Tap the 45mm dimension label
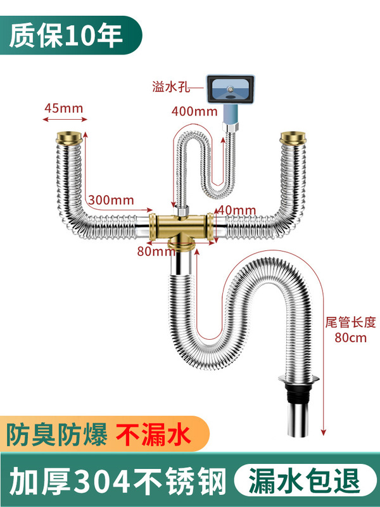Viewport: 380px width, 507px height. coord(63,108)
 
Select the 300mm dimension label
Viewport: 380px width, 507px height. coord(111,200)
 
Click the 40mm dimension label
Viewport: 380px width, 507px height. coord(236,210)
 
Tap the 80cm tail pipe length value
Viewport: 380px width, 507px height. coord(351,337)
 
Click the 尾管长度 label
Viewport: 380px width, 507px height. coord(351,321)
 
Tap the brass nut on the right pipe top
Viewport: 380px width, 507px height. coord(293,139)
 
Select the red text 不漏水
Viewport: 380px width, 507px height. coord(153,436)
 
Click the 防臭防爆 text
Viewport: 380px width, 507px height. coord(56,436)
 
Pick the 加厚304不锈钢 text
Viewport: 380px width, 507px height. coord(117,479)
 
